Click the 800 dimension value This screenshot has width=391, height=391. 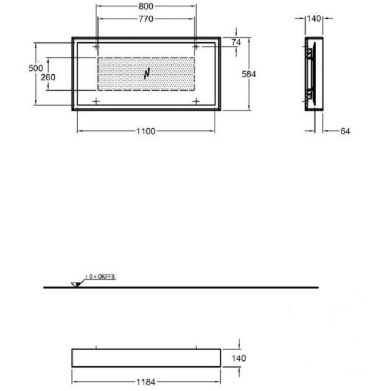[x=146, y=6]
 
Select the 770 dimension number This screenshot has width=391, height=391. [x=146, y=19]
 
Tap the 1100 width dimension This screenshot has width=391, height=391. [x=146, y=131]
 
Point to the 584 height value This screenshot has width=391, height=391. [x=249, y=74]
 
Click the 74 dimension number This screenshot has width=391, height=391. [x=236, y=43]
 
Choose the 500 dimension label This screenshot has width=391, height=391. [x=36, y=68]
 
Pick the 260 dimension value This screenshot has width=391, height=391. [x=48, y=77]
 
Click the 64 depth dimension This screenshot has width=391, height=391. [x=345, y=131]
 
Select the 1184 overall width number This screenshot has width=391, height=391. [x=146, y=382]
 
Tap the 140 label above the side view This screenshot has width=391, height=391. [x=314, y=18]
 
